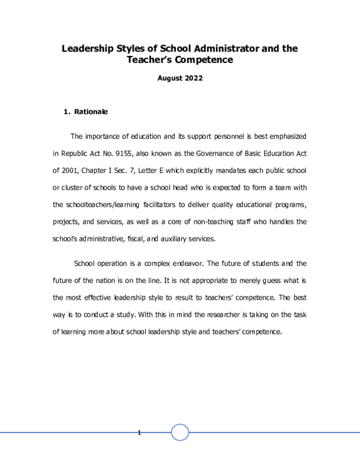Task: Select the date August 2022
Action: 180,78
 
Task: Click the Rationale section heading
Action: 91,112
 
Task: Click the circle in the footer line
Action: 180,432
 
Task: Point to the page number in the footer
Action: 139,433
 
